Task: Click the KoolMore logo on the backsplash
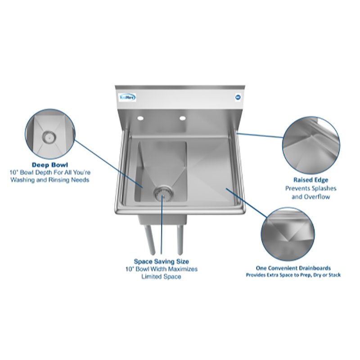pos(129,97)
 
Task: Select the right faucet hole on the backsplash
pos(182,119)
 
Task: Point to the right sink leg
pos(180,238)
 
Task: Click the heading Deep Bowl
pos(49,165)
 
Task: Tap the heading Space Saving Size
pos(161,261)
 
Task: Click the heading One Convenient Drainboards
pos(293,267)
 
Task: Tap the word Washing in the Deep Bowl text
pos(23,180)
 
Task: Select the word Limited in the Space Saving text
pos(153,277)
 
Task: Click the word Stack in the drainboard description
pos(333,274)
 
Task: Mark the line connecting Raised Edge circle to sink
pos(259,135)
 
